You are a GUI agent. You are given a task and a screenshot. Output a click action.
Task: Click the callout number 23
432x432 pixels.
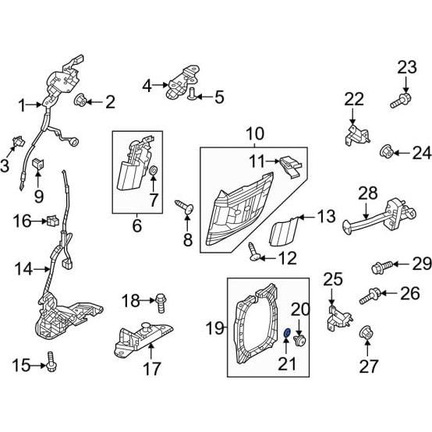click(407, 68)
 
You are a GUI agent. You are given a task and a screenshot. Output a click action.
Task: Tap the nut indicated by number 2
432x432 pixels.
click(80, 101)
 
